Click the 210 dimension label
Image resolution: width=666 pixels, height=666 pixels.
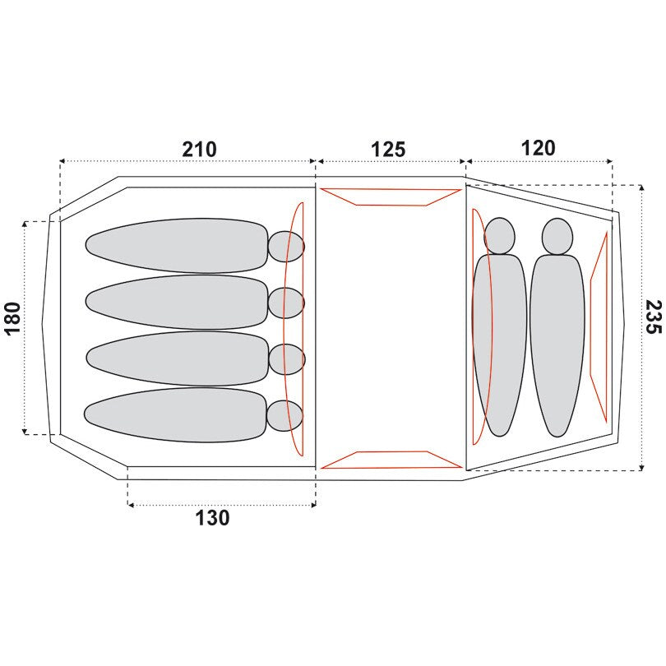point(199,150)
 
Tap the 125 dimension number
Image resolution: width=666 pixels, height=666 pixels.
point(388,150)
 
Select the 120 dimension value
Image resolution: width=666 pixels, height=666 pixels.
point(539,148)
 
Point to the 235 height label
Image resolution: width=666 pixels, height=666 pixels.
point(654,317)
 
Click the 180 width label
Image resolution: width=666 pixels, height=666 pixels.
point(12,318)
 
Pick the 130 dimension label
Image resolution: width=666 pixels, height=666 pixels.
point(212,518)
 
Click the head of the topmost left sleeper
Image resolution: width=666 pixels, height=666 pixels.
point(286,247)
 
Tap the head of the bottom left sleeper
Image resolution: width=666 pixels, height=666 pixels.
point(285,416)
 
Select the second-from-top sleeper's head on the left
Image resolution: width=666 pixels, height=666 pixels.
point(286,303)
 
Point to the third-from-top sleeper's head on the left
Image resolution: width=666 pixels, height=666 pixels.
point(287,359)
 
